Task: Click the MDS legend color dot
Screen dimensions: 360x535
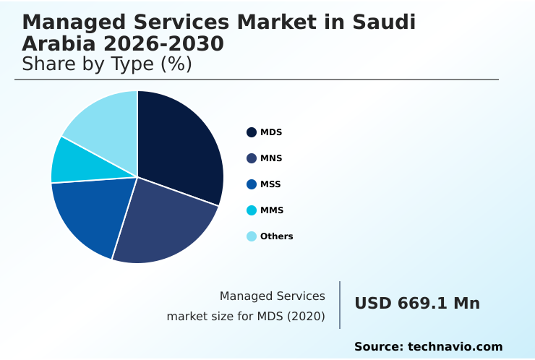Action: (x=252, y=132)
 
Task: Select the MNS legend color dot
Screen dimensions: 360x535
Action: (x=252, y=158)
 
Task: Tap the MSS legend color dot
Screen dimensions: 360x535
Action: (x=252, y=184)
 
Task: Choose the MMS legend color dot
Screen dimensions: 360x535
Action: (x=252, y=210)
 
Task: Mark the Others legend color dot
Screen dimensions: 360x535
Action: (x=252, y=236)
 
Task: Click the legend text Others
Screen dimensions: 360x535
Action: (x=277, y=236)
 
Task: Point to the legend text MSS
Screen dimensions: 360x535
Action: (x=270, y=184)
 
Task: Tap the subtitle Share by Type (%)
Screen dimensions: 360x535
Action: (x=107, y=64)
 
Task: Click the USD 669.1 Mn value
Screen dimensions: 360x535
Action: (x=417, y=304)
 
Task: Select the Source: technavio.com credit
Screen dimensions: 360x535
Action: (x=428, y=347)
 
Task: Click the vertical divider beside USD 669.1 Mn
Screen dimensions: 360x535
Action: (x=340, y=305)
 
